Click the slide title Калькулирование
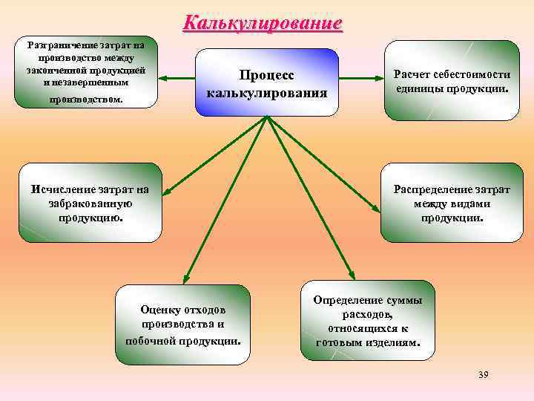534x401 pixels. click(263, 22)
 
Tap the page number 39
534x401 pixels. click(484, 374)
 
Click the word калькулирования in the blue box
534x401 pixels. click(267, 93)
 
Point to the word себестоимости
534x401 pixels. click(475, 74)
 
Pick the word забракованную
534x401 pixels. click(90, 203)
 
